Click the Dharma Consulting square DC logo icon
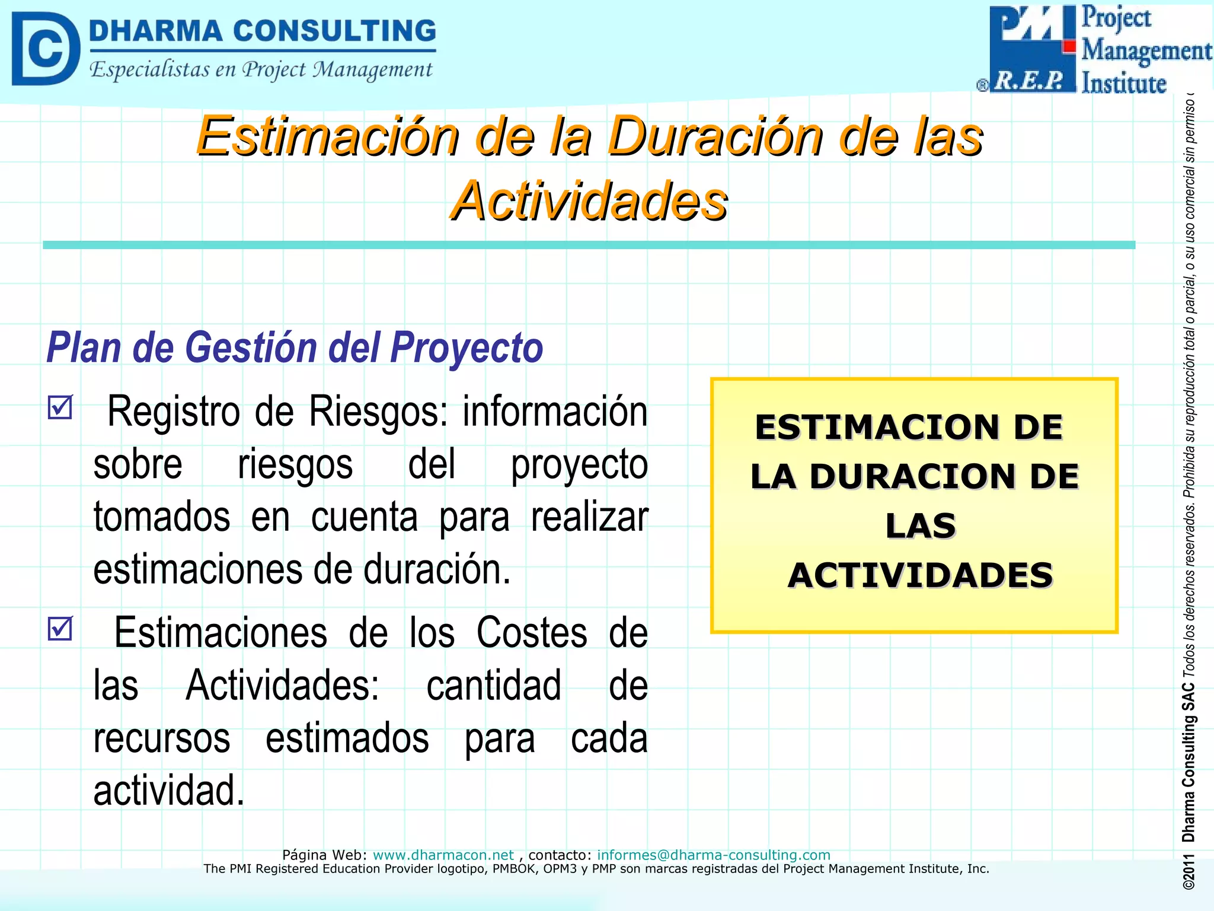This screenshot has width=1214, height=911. (46, 49)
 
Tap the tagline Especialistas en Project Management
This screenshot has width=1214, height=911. (261, 70)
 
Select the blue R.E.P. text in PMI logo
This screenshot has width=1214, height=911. (1029, 81)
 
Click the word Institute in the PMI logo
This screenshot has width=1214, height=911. (1124, 83)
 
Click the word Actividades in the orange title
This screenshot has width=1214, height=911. (589, 202)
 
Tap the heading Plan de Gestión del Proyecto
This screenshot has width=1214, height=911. (295, 348)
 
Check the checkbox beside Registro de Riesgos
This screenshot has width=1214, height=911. (60, 407)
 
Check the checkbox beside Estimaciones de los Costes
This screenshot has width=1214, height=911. (60, 629)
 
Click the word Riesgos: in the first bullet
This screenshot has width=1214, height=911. (378, 411)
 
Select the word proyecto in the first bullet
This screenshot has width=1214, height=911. (579, 464)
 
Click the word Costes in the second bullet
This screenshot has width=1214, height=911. (532, 633)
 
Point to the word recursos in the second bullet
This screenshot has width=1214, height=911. (162, 739)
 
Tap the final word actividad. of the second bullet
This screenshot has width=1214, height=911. (169, 791)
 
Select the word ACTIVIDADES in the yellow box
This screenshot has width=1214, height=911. (920, 575)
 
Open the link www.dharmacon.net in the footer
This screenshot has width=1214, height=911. (443, 855)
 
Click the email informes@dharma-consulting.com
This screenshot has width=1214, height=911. (713, 855)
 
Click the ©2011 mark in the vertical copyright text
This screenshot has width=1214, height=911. (1188, 872)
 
